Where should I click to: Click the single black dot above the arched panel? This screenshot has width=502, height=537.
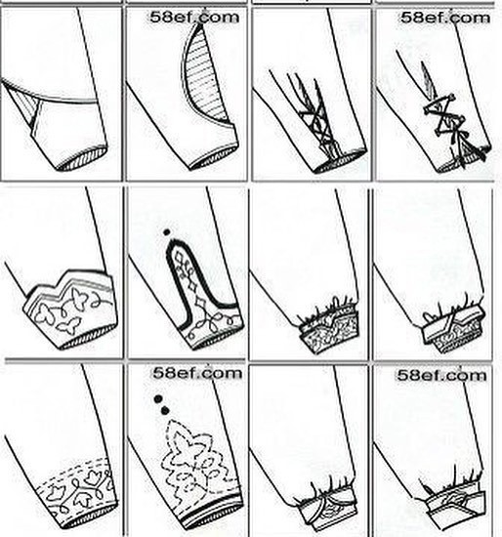coord(167,232)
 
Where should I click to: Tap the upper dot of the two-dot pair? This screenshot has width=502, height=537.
coord(157,399)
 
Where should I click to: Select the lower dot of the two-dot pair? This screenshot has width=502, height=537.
coord(165,410)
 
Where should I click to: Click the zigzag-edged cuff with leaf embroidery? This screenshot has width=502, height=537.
coord(71,309)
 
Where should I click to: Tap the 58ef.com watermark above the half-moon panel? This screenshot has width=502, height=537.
coord(194,18)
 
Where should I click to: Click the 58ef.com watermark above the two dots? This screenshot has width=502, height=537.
coord(197,373)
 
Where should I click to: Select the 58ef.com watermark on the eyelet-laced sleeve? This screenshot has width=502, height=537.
coord(445,18)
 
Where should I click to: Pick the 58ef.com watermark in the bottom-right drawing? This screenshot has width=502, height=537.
coord(442,375)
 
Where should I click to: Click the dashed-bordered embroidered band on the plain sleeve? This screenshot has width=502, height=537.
coord(77,491)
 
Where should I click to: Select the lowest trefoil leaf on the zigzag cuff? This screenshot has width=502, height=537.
coord(69,325)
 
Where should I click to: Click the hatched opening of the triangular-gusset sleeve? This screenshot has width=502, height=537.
coord(82,158)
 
